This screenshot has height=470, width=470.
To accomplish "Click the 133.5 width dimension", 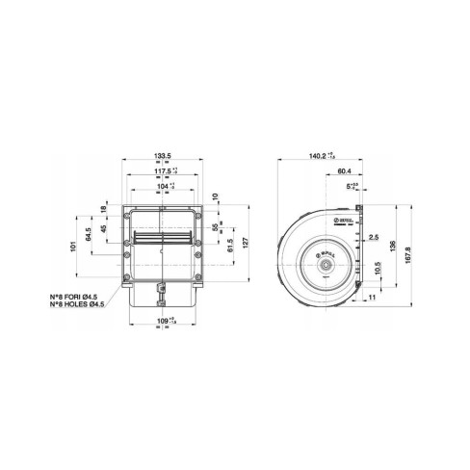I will click(x=164, y=152).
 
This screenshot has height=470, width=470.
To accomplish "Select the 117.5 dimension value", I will click(x=162, y=173).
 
